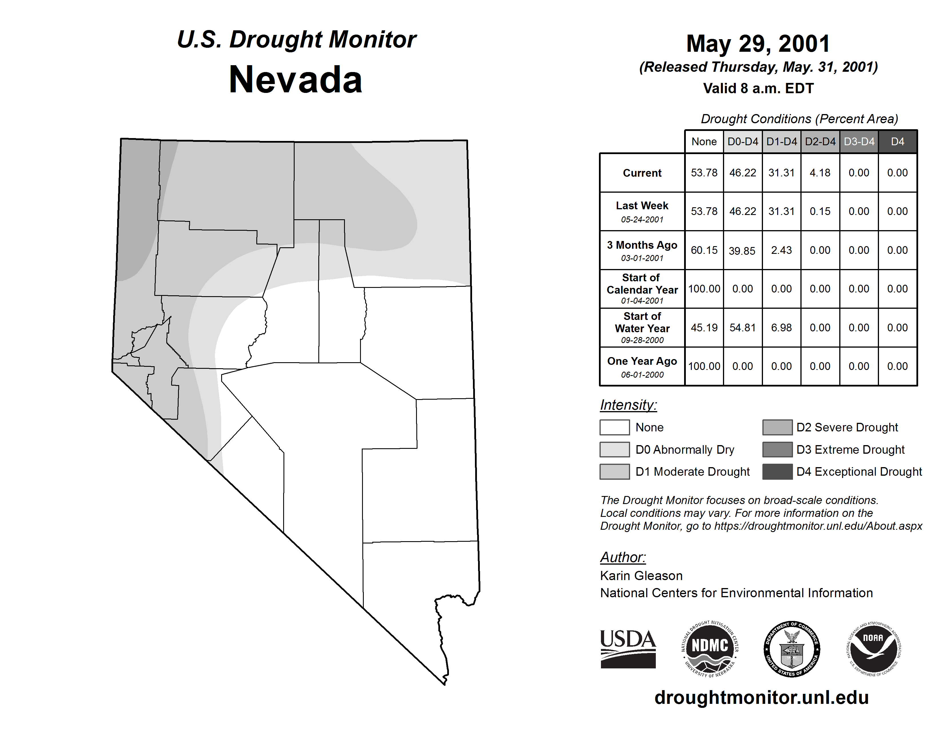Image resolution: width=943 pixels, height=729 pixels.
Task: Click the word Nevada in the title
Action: point(295,80)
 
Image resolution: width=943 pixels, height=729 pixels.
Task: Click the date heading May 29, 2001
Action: point(758,44)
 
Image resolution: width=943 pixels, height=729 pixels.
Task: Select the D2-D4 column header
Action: point(820,142)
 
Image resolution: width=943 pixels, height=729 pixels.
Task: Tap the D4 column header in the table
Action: point(897,142)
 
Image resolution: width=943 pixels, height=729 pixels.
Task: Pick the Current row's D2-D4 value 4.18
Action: point(820,173)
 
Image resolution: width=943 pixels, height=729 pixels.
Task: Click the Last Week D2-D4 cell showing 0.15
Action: point(820,211)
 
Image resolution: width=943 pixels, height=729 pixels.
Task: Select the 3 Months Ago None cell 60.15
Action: point(704,250)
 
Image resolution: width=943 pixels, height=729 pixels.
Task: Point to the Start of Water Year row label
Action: point(642,328)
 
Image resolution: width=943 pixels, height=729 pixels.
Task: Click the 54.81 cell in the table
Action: point(743,328)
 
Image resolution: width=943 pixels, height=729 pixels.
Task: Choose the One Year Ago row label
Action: point(642,366)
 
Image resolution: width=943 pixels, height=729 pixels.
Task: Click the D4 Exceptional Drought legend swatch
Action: point(777,472)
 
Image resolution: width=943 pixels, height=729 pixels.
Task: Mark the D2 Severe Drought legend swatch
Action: point(777,427)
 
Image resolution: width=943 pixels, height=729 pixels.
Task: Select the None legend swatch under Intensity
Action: point(614,427)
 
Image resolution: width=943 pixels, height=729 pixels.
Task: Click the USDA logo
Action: point(628,649)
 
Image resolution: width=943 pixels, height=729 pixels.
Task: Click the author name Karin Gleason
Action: point(641,576)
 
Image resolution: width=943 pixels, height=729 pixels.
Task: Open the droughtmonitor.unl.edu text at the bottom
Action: point(761,698)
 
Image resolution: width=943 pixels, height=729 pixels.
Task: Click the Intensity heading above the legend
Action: point(628,405)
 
